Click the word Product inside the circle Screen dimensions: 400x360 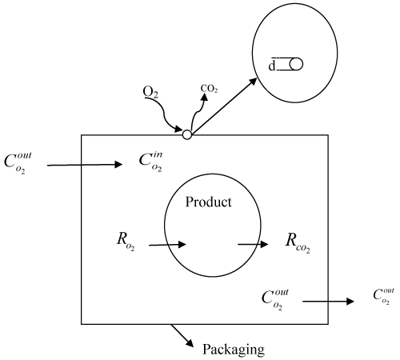208,202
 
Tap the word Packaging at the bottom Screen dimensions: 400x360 234,350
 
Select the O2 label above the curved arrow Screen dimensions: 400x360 150,92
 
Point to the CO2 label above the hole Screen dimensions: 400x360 209,89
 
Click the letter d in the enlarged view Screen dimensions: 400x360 272,66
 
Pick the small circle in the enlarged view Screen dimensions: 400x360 296,64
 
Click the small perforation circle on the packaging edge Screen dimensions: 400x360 187,134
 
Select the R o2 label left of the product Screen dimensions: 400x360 126,242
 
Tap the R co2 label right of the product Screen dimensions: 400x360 298,243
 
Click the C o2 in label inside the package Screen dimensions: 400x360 150,162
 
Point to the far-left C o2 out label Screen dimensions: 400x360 18,163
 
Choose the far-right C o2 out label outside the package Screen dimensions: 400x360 383,296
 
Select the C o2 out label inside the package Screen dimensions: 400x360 275,299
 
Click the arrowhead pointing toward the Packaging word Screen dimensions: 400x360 190,343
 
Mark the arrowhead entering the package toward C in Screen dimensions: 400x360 118,164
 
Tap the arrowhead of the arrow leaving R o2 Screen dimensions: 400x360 182,244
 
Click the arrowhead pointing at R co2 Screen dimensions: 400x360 264,244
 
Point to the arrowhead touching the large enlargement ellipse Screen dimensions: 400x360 253,82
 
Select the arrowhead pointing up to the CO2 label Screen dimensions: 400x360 204,98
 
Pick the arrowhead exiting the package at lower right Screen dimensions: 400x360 350,302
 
